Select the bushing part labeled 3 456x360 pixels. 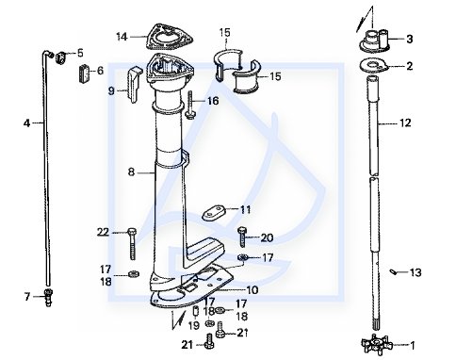(375, 41)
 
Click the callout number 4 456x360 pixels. (27, 123)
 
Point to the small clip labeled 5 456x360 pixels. (60, 57)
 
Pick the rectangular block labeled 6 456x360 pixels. (84, 74)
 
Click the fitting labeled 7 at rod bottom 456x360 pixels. (48, 297)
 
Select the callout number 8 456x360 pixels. (132, 172)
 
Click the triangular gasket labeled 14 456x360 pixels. (170, 37)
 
